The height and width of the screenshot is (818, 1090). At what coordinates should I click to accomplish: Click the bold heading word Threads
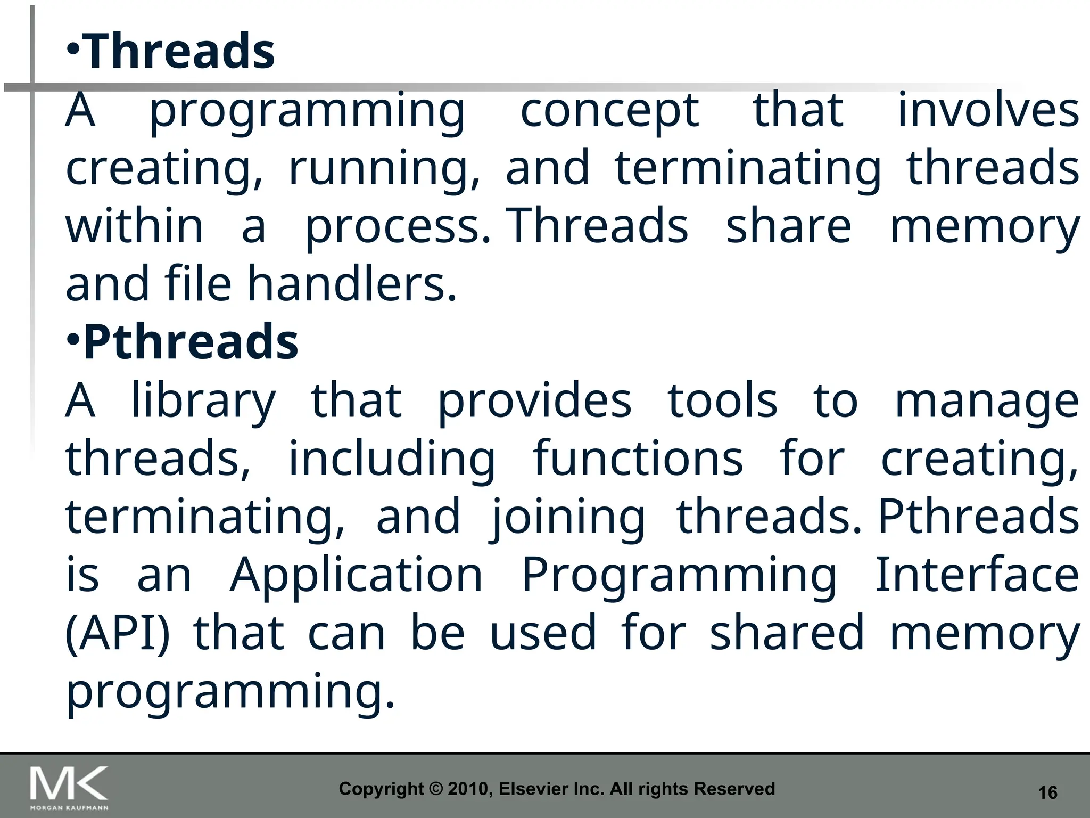[x=179, y=51]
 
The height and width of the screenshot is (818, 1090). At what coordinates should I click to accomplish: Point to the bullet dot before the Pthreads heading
[x=73, y=339]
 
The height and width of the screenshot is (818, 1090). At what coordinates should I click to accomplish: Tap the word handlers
[x=352, y=284]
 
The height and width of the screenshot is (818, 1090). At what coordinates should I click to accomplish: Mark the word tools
[x=722, y=400]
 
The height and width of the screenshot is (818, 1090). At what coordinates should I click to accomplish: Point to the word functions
[x=638, y=459]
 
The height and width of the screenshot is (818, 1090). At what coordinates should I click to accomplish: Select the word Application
[x=356, y=576]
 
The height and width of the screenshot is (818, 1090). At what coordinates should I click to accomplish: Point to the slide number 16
[x=1047, y=792]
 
